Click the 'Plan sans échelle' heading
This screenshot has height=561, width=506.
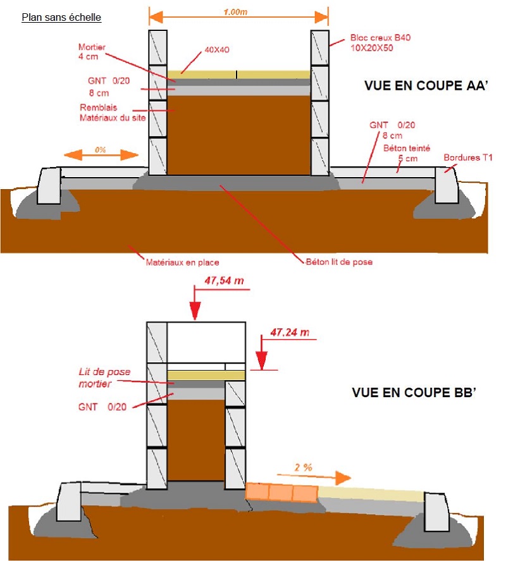coord(61,17)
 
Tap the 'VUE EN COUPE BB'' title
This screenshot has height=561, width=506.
coord(413,393)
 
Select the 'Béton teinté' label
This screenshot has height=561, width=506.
coord(407,147)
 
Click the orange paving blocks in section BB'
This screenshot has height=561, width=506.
coord(281,493)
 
